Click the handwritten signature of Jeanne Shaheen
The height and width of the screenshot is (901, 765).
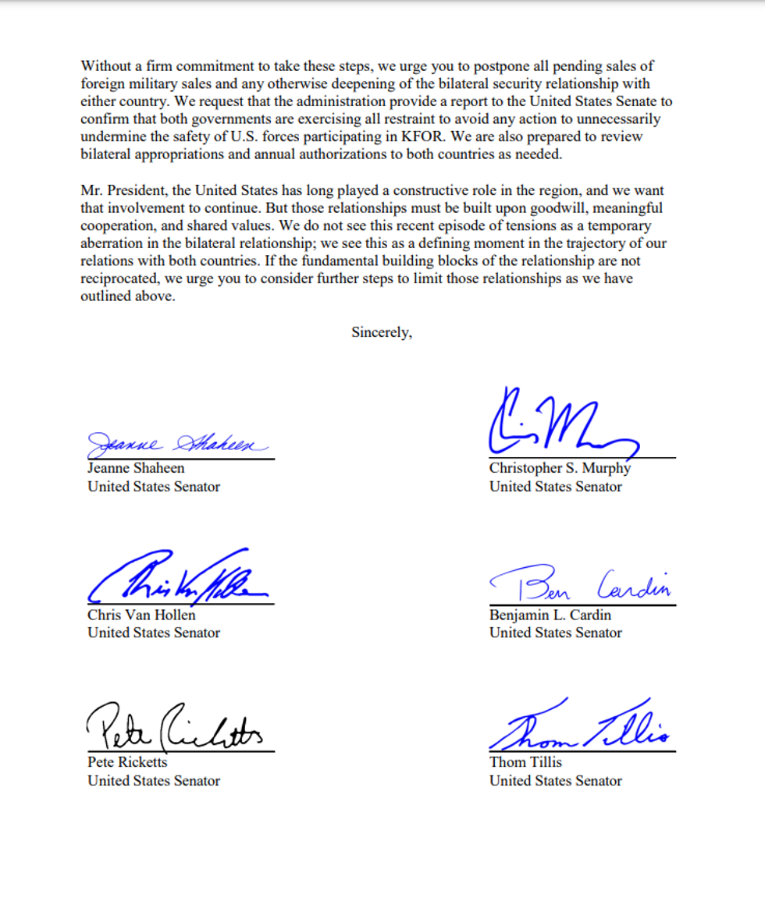[178, 445]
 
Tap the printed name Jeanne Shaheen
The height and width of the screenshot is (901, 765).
[136, 468]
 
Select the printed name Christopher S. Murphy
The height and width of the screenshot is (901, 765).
[560, 468]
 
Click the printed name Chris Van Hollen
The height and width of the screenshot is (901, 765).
[141, 615]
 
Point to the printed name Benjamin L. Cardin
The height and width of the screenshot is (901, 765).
[550, 615]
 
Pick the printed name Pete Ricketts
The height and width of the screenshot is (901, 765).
[127, 762]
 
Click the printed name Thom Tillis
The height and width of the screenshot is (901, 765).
[525, 762]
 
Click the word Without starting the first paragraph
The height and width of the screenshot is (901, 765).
[106, 66]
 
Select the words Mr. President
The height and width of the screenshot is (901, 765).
[125, 191]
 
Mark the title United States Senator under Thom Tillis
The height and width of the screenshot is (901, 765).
[556, 781]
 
